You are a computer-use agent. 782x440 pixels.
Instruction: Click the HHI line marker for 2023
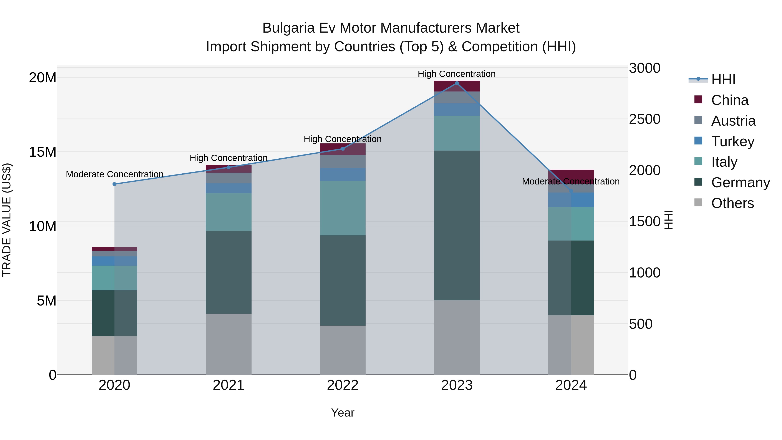point(457,83)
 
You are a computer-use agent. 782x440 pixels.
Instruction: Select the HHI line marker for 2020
point(114,184)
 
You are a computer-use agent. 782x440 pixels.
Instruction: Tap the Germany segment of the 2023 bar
point(457,225)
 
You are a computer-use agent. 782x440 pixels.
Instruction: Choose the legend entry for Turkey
point(732,141)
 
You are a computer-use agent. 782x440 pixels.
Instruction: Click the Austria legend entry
point(733,121)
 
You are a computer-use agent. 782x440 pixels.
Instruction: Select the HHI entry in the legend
point(723,80)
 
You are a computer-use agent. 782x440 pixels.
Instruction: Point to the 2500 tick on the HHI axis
point(644,119)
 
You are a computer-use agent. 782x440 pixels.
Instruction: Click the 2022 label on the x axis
point(343,385)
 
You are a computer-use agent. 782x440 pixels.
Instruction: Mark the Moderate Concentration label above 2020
point(115,174)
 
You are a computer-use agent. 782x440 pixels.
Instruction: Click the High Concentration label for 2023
point(457,74)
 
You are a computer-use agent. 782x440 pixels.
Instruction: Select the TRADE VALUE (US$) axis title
point(7,220)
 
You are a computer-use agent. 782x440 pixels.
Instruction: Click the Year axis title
point(343,413)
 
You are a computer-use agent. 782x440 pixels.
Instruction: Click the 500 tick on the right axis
point(641,324)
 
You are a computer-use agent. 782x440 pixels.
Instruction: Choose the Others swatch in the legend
point(698,203)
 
